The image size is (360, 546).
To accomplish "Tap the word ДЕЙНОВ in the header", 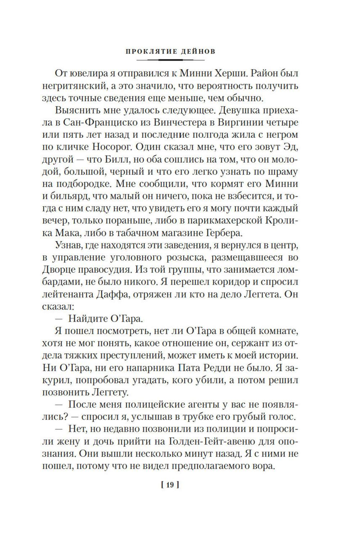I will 196,51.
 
